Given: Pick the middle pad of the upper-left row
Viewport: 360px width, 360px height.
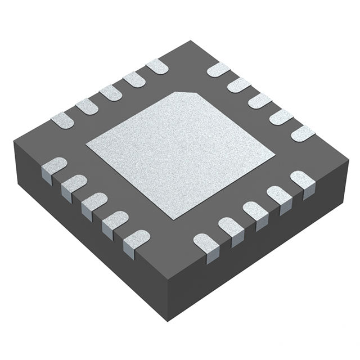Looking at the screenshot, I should point(110,93).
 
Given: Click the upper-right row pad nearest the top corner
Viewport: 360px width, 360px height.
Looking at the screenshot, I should point(218,70).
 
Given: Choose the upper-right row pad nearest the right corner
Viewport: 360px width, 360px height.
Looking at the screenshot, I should point(303,133).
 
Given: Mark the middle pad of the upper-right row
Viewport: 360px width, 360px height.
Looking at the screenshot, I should point(260,101).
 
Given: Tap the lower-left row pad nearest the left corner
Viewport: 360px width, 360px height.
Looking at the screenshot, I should point(54,167).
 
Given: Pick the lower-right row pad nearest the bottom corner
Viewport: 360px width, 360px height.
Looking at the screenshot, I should point(206,242).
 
